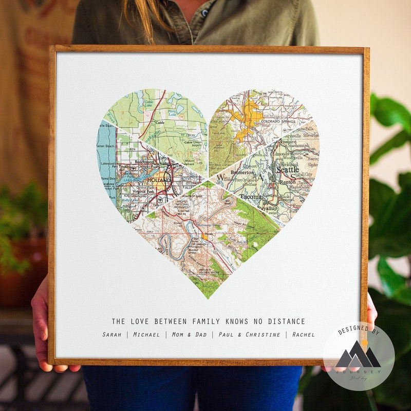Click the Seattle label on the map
(x=287, y=170)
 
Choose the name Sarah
(x=111, y=334)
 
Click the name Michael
(x=146, y=334)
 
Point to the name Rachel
(x=304, y=334)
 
